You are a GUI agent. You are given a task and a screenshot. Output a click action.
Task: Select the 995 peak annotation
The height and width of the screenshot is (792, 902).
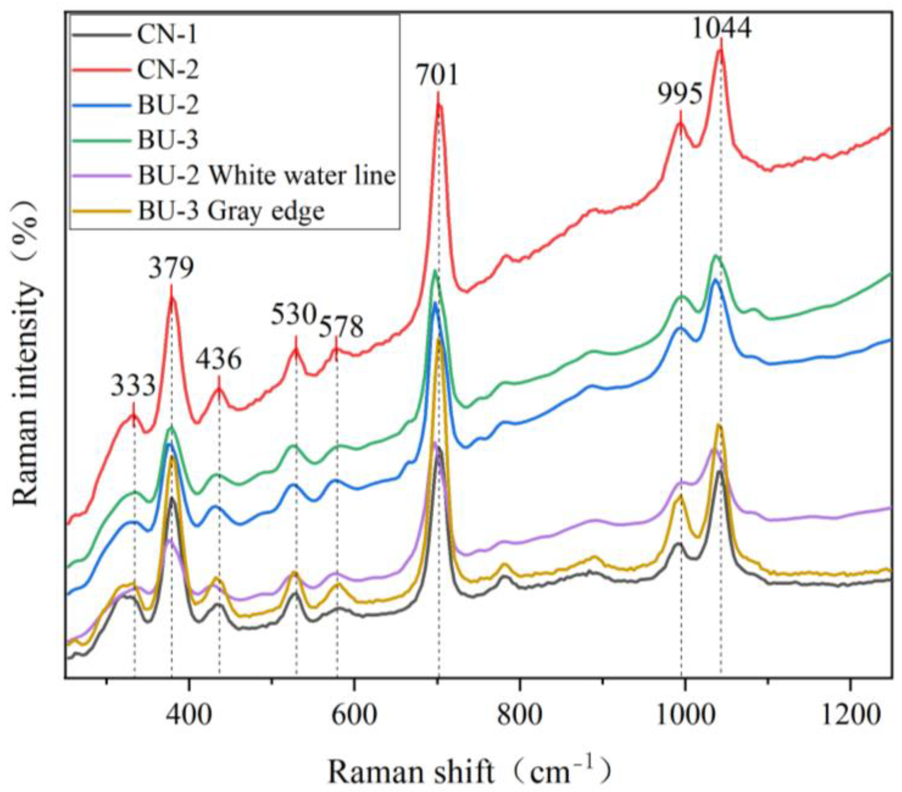point(680,95)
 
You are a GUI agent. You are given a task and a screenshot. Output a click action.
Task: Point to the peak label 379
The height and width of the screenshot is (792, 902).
point(171,269)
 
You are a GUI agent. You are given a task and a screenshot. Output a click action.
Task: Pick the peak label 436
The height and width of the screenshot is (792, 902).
point(219,360)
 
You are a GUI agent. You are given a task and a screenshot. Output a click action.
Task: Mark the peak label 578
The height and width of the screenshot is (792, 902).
point(341,327)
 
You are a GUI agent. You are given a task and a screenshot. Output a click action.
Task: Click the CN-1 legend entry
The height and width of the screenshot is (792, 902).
point(167,35)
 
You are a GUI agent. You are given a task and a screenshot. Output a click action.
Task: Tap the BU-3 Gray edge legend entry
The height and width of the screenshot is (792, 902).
point(231,211)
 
